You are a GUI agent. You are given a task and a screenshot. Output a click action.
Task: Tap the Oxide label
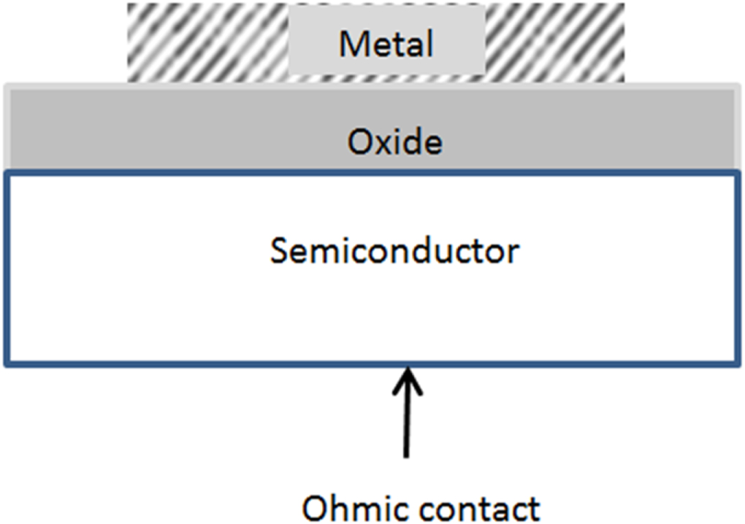tap(394, 142)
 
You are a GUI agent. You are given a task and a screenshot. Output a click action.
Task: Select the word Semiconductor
tap(394, 252)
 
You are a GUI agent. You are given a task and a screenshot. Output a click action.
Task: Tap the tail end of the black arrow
tap(406, 457)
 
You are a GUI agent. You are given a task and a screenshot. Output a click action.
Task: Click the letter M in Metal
tap(353, 45)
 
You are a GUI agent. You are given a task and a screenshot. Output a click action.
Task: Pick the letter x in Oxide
tap(378, 143)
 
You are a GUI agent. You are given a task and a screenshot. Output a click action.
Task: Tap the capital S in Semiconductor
tap(280, 252)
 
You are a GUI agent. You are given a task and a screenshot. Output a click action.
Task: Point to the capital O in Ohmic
tap(315, 508)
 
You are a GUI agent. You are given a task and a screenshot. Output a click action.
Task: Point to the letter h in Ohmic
tap(337, 506)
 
